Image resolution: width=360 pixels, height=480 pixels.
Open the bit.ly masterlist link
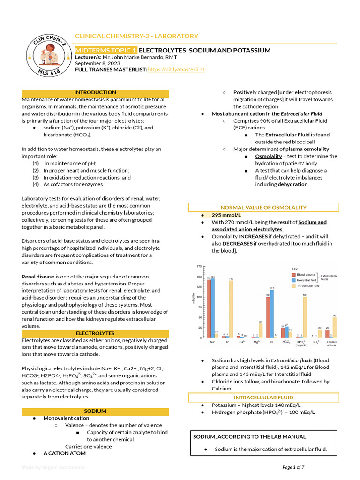(176, 70)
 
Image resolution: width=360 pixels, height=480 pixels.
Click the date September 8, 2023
(97, 63)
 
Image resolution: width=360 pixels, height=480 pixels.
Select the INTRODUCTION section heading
(95, 93)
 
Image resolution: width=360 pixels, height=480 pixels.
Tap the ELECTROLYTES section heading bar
(95, 333)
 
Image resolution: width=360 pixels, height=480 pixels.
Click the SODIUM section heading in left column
(95, 411)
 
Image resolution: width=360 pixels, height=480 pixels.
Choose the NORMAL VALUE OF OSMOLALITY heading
(263, 207)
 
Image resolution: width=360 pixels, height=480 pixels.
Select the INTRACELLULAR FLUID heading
(263, 398)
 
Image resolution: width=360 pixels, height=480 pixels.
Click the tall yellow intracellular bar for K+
(231, 308)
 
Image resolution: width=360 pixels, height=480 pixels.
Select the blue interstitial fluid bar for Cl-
(272, 313)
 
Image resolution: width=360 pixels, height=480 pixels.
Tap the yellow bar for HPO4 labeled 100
(305, 317)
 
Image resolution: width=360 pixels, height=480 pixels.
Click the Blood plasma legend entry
(307, 274)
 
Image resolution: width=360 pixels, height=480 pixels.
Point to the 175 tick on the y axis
(199, 266)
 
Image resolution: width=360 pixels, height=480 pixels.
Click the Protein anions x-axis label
(331, 344)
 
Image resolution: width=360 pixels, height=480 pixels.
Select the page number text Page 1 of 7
(293, 467)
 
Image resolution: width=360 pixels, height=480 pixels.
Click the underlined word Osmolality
(269, 156)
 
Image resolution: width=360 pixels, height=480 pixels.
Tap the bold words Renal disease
(38, 277)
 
